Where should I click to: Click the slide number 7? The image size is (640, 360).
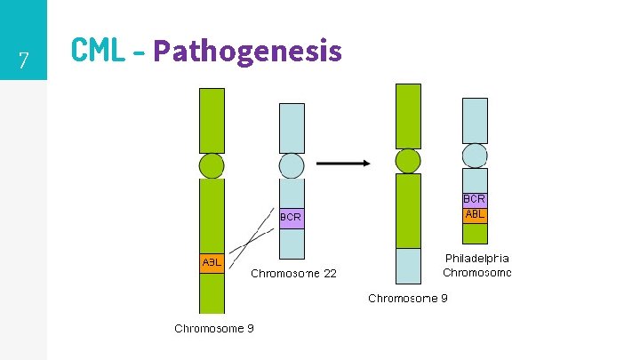coord(24,61)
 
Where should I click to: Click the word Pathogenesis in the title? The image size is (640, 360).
coord(247,51)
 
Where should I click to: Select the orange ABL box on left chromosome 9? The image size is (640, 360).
coord(212,263)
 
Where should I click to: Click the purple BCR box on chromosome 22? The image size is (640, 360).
coord(292,217)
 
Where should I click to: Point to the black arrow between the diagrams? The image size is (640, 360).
coord(343,163)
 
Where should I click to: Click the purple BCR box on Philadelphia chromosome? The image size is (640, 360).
coord(475,199)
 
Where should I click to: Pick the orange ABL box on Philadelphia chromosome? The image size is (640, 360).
coord(475,214)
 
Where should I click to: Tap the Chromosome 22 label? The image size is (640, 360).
coord(293,274)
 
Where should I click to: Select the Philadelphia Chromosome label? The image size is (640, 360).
coord(476,265)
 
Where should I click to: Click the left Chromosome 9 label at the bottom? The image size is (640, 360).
coord(214,328)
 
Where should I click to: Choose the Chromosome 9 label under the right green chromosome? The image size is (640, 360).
coord(408,299)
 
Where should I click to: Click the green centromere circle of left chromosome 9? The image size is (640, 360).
coord(212,165)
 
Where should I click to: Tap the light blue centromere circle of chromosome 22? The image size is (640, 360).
coord(292,165)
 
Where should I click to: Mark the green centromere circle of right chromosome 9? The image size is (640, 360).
coord(408,161)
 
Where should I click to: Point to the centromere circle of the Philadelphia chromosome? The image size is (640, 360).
coord(475,156)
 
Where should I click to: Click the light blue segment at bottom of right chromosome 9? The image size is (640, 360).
coord(408,266)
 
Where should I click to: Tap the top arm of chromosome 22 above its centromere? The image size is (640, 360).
coord(292,128)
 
